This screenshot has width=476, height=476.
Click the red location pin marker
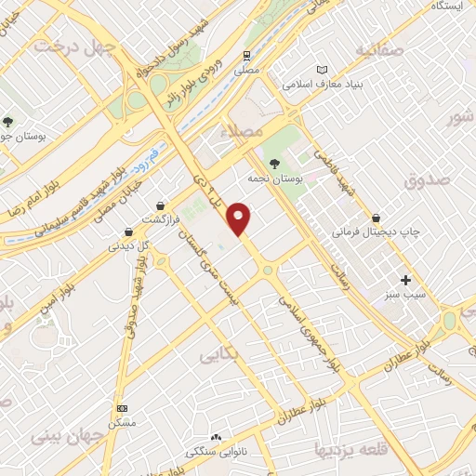[x=240, y=218]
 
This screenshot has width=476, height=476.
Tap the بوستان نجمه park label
[x=271, y=178]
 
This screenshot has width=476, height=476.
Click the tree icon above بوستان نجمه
[x=272, y=164]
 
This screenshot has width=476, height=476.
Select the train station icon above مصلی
[x=247, y=55]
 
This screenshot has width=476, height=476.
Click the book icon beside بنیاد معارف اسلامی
[x=323, y=70]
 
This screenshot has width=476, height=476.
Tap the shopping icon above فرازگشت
[x=162, y=205]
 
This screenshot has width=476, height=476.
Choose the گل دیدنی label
[x=129, y=246]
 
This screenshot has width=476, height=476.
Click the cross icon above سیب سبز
[x=404, y=280]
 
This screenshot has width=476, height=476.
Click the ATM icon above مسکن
[x=121, y=408]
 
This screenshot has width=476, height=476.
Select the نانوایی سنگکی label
[x=216, y=452]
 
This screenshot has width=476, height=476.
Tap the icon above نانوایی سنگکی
[x=217, y=437]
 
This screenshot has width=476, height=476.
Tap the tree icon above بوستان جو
[x=7, y=122]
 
